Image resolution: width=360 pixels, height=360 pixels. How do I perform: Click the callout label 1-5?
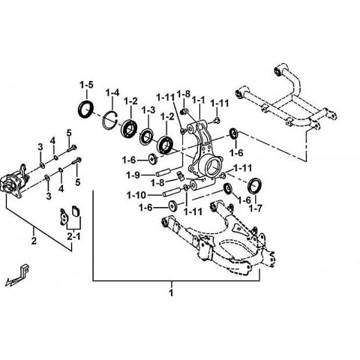pyautogui.click(x=86, y=85)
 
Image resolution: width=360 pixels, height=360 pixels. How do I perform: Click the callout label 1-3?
pyautogui.click(x=148, y=109)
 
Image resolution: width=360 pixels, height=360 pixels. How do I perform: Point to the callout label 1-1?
pyautogui.click(x=198, y=100)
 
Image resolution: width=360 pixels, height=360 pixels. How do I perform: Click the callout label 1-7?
pyautogui.click(x=255, y=208)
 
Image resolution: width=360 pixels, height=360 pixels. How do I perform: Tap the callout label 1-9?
pyautogui.click(x=133, y=175)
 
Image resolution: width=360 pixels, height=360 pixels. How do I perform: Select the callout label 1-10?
pyautogui.click(x=136, y=195)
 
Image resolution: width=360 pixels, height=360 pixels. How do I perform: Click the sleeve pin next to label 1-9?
pyautogui.click(x=163, y=172)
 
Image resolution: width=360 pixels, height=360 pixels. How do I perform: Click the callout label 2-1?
pyautogui.click(x=73, y=236)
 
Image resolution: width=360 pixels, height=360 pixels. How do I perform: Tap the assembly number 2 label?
pyautogui.click(x=34, y=241)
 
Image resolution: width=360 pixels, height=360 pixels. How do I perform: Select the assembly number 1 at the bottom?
pyautogui.click(x=171, y=292)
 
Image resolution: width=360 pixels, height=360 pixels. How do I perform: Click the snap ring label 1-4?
pyautogui.click(x=112, y=93)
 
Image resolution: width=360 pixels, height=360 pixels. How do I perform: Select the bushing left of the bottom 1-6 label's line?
pyautogui.click(x=172, y=205)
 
